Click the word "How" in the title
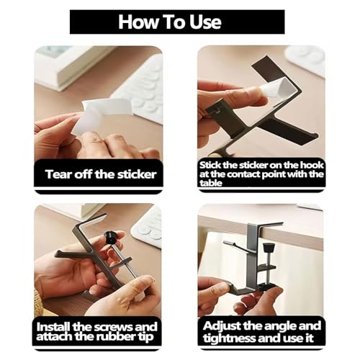138,22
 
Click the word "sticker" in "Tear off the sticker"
136,174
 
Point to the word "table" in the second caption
211,183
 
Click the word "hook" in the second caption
311,165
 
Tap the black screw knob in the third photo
111,236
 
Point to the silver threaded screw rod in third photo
121,257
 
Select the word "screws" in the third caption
113,327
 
